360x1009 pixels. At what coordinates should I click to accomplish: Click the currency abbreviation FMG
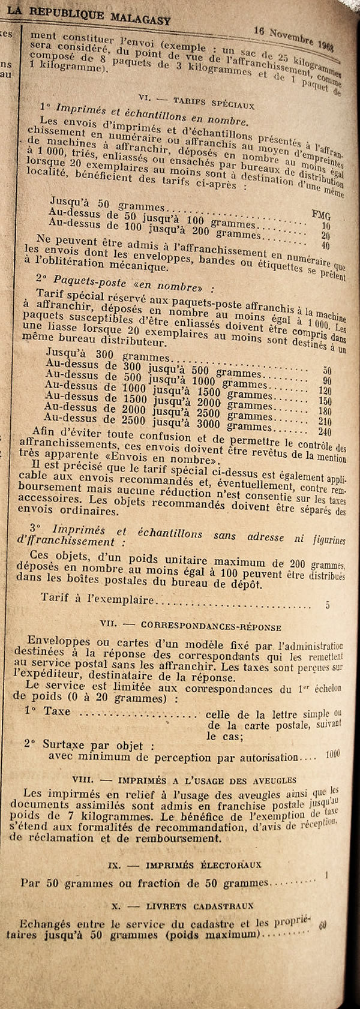pos(322,216)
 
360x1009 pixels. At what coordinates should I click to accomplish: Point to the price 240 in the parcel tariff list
pos(325,432)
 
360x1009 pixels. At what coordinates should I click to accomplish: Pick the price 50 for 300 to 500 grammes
pos(327,371)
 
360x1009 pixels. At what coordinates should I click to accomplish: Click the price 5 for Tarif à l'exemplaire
pos(328,605)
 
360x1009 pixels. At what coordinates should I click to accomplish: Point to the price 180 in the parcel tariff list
pos(325,411)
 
